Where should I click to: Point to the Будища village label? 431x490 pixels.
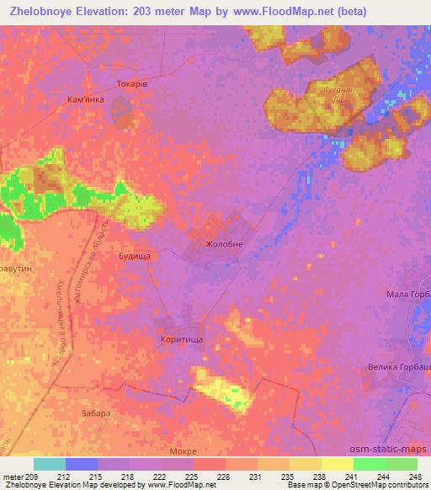click(134, 255)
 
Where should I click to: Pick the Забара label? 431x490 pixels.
click(97, 413)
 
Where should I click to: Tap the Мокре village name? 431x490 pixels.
click(183, 451)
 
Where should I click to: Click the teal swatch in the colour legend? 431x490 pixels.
click(50, 464)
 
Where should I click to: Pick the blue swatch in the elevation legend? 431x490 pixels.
click(82, 464)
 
